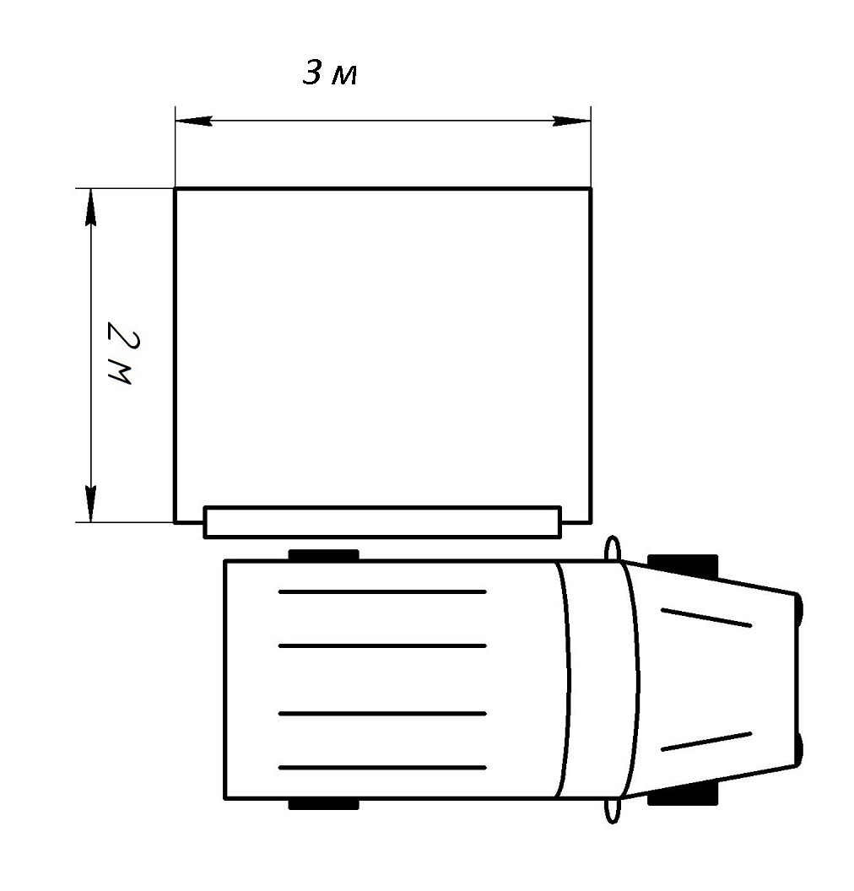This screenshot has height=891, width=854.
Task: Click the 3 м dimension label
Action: (330, 73)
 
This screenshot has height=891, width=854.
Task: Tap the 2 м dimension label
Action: (123, 353)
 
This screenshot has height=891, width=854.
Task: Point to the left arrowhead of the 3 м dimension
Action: (194, 121)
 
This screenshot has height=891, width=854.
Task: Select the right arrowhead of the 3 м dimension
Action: (571, 121)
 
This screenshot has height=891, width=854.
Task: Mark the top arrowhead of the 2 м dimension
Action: (90, 207)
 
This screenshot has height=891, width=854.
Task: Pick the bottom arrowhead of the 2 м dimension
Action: (90, 504)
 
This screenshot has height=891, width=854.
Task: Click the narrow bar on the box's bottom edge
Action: (382, 521)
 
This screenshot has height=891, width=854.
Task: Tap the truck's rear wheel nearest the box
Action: (324, 555)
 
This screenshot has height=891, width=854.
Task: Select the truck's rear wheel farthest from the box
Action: (324, 803)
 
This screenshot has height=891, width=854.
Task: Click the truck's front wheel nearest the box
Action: (683, 566)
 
